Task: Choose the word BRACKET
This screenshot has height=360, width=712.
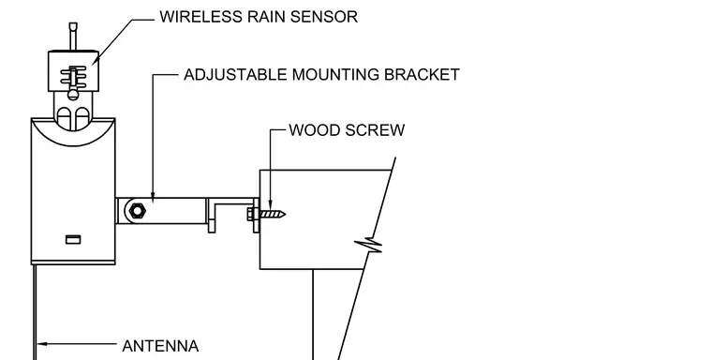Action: point(422,75)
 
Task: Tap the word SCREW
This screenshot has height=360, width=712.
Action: point(375,130)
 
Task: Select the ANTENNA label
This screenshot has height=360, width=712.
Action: point(160,346)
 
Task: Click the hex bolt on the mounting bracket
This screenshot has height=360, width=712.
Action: point(137,210)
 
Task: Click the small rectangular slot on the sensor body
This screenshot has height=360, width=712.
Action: point(73,240)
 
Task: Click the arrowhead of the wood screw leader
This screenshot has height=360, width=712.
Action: point(270,204)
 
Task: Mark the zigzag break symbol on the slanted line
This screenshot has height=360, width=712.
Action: point(369,246)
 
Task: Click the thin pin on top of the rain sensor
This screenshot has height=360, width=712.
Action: point(73,36)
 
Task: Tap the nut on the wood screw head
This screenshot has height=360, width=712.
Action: point(251,214)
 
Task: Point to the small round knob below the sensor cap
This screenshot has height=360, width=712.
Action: point(73,95)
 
